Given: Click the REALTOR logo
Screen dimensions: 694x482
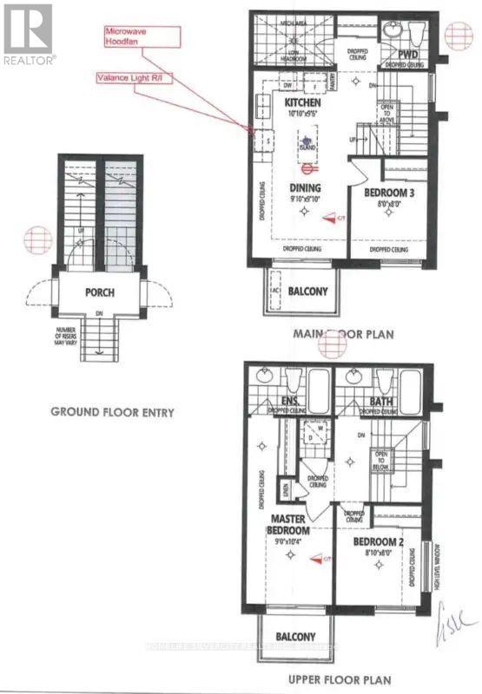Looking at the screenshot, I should [x=29, y=33].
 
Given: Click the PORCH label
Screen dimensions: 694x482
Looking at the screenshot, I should [x=100, y=292].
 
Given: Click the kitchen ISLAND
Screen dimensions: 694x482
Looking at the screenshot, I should [x=306, y=147].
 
